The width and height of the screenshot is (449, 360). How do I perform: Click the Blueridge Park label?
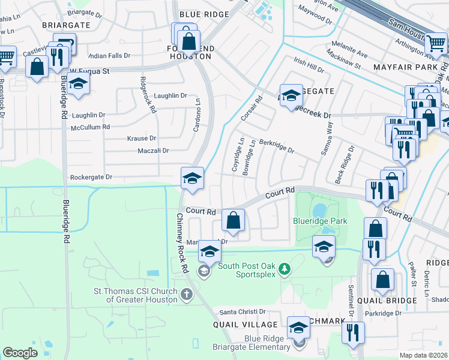tap(320, 221)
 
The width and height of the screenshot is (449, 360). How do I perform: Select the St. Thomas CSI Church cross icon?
tap(187, 294)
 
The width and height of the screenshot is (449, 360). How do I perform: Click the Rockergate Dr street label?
tap(91, 177)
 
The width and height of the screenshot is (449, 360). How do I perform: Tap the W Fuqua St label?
tap(90, 71)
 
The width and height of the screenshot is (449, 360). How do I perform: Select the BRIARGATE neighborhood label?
tap(66, 25)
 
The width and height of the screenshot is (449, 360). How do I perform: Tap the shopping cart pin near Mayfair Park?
tap(436, 43)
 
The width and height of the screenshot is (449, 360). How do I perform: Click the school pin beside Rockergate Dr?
tap(192, 178)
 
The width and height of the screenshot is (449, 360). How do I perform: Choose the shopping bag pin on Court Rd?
tap(234, 220)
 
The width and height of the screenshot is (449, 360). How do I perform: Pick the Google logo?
tap(20, 353)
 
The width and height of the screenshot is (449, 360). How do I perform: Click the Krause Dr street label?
tap(142, 138)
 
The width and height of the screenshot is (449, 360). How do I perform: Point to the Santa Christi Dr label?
tap(243, 311)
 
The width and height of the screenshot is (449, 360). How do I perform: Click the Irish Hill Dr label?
tap(309, 65)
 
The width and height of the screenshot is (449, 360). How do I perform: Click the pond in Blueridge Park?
tap(319, 210)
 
